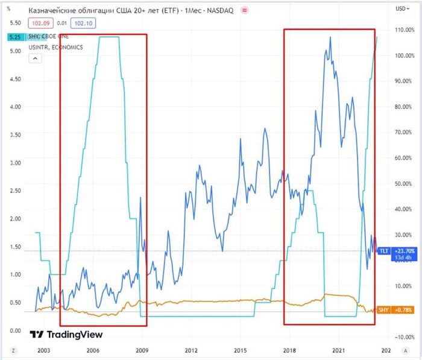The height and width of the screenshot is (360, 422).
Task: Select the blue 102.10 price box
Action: click(x=82, y=23)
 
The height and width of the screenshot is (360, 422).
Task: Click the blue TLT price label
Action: click(x=383, y=251)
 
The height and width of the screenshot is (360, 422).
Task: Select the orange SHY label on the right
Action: click(x=383, y=310)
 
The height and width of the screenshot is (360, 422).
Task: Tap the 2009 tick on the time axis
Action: click(x=142, y=350)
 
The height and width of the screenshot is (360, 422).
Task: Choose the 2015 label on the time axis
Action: click(x=241, y=350)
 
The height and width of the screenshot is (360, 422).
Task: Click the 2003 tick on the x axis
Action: click(x=44, y=350)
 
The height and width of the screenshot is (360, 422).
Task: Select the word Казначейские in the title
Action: click(x=52, y=10)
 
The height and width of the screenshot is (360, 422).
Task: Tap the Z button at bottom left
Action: click(x=13, y=350)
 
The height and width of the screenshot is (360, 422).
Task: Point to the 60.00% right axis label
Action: click(x=403, y=158)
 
